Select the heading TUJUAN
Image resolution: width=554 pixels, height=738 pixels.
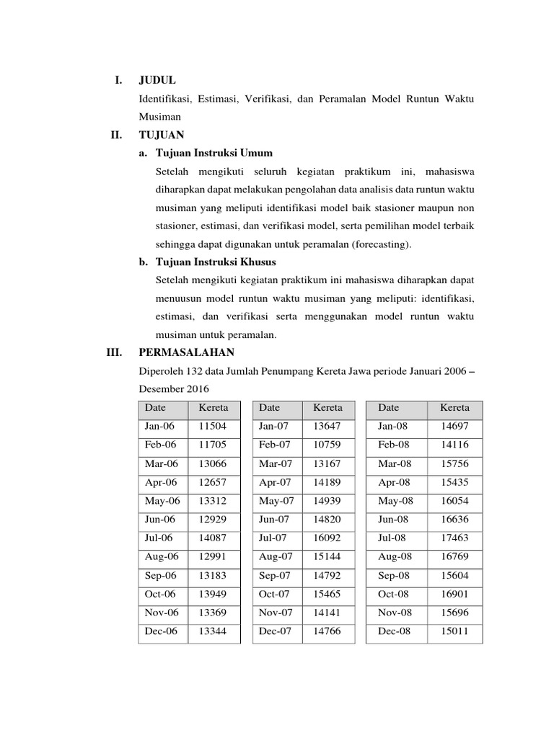click(162, 135)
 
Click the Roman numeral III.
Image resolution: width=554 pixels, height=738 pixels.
click(115, 352)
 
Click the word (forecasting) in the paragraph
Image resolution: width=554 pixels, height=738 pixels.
click(382, 244)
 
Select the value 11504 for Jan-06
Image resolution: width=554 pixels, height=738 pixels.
click(212, 426)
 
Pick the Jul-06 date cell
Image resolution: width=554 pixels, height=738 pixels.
click(160, 538)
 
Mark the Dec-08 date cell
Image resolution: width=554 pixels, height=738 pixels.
click(393, 632)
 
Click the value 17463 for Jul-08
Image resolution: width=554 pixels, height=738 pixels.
click(454, 538)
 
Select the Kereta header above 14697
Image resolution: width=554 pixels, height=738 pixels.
click(454, 408)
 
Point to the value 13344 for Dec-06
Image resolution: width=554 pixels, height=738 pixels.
click(212, 632)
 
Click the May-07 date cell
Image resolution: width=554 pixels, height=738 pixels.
click(277, 501)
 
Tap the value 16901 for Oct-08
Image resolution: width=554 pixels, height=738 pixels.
click(454, 595)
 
